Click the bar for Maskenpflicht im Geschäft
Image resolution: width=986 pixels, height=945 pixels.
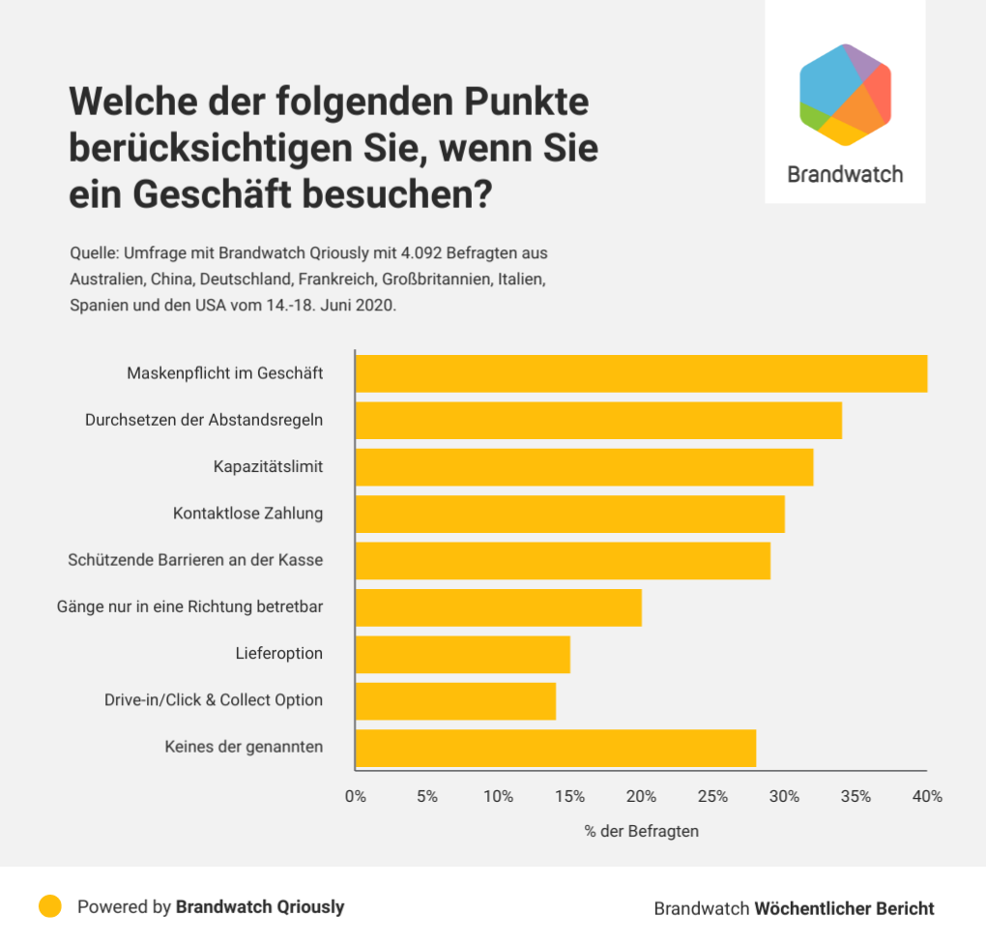click(641, 373)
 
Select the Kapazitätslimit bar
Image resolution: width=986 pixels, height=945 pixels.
click(584, 467)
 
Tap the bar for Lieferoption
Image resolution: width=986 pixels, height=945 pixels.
click(462, 654)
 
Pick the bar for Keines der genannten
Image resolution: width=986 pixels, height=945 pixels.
click(555, 748)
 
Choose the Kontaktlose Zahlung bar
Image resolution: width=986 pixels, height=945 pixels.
click(569, 514)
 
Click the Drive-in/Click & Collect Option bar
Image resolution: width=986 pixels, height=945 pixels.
click(455, 701)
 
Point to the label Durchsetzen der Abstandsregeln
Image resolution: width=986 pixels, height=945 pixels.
click(204, 421)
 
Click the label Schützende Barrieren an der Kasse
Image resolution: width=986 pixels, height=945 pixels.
click(195, 560)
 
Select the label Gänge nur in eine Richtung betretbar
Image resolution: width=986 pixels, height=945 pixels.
click(189, 606)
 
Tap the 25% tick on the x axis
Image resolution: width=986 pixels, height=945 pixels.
click(712, 797)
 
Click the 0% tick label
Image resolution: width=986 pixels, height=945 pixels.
click(356, 797)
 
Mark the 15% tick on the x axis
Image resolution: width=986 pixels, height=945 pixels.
click(569, 797)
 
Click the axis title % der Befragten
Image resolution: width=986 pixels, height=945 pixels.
click(641, 831)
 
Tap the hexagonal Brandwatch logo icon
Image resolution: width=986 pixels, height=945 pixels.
click(845, 94)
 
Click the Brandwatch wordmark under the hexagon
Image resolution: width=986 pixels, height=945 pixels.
click(845, 174)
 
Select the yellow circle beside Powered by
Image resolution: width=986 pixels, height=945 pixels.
click(50, 906)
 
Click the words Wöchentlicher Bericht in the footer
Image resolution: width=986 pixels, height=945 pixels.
click(844, 908)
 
